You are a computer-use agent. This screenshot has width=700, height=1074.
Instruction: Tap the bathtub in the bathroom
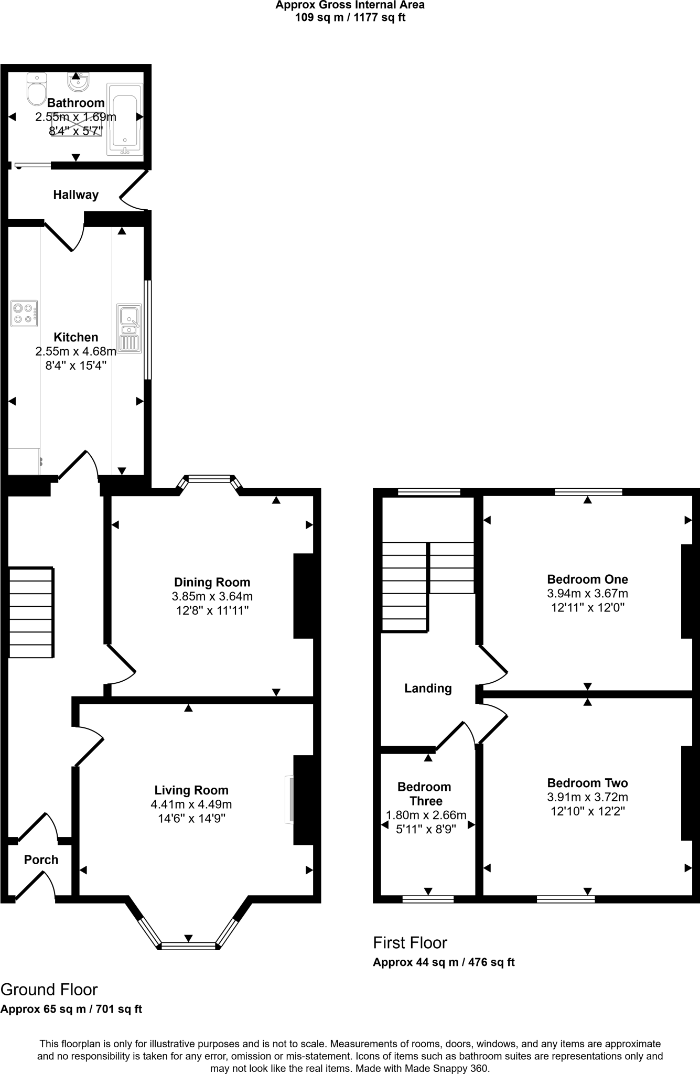pyautogui.click(x=125, y=119)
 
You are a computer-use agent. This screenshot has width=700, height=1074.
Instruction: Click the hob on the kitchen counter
pyautogui.click(x=24, y=314)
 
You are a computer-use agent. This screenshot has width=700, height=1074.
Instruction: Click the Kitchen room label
pyautogui.click(x=76, y=337)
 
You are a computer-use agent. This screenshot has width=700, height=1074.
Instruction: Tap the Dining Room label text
pyautogui.click(x=212, y=582)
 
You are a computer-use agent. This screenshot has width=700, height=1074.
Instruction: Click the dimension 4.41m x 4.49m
pyautogui.click(x=191, y=804)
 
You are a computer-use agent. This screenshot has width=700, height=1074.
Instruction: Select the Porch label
pyautogui.click(x=41, y=860)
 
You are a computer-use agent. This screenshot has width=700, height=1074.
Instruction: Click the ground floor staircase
pyautogui.click(x=31, y=612)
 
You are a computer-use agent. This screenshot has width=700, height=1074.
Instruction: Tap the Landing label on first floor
pyautogui.click(x=428, y=688)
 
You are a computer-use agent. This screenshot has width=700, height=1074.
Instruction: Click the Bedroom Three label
pyautogui.click(x=425, y=793)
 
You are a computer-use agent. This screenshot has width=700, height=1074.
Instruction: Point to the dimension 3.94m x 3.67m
pyautogui.click(x=587, y=594)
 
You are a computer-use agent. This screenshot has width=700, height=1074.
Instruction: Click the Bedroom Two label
pyautogui.click(x=587, y=783)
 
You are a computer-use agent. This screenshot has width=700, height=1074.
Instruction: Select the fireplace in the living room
pyautogui.click(x=289, y=800)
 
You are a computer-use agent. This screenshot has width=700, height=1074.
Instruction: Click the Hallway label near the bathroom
pyautogui.click(x=76, y=195)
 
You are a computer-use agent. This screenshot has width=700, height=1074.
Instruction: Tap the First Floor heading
pyautogui.click(x=410, y=942)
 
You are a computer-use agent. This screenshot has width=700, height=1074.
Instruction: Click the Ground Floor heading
pyautogui.click(x=49, y=990)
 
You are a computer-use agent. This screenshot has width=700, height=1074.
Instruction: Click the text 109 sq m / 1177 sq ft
pyautogui.click(x=350, y=17)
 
